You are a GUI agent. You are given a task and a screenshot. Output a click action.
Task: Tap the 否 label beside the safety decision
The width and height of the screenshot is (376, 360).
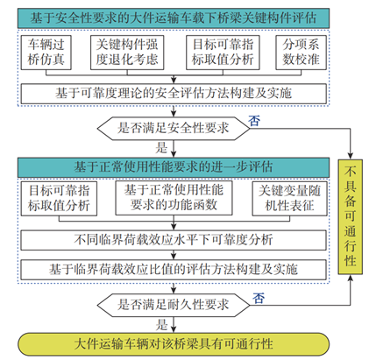click(x=255, y=118)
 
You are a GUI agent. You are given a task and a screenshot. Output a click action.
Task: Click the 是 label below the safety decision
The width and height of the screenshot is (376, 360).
click(x=160, y=148)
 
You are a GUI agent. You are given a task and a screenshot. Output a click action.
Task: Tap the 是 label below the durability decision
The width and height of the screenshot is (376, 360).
click(x=160, y=322)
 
